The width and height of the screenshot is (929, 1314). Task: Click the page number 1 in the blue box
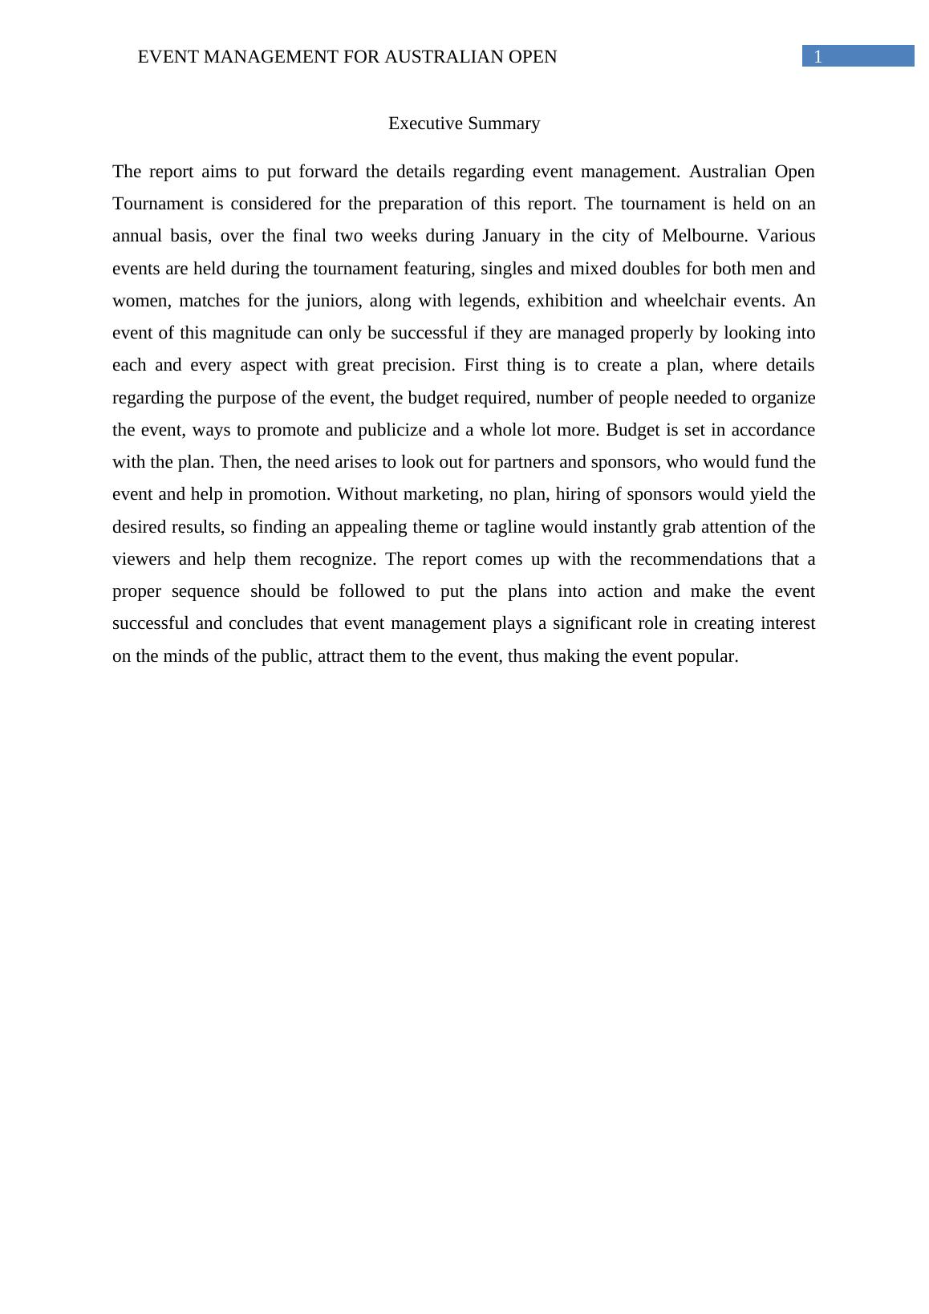(817, 57)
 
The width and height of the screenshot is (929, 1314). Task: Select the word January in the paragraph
(510, 236)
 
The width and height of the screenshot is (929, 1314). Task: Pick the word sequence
(205, 591)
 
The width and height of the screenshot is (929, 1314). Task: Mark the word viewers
(141, 559)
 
